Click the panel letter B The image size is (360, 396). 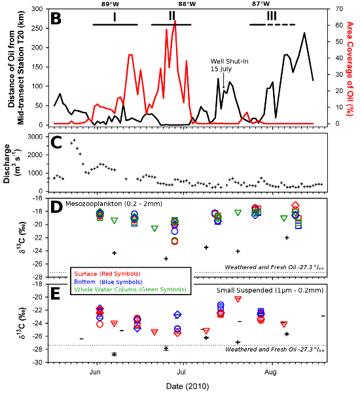click(56, 19)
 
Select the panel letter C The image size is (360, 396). click(56, 143)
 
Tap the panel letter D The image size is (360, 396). click(56, 207)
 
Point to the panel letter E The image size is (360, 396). click(56, 294)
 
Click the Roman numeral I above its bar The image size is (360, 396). click(115, 17)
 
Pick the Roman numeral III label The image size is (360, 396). click(272, 16)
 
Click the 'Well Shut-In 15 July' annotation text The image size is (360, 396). click(229, 65)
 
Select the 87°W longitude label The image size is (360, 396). click(261, 4)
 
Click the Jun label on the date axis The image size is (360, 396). click(95, 372)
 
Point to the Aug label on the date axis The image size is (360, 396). click(270, 372)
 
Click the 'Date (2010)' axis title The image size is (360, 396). click(187, 386)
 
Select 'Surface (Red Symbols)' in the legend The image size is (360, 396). click(107, 274)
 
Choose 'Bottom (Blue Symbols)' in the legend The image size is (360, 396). click(108, 282)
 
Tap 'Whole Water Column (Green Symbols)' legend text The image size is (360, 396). click(130, 289)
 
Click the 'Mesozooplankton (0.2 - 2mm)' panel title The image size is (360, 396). click(114, 204)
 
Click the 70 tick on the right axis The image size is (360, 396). click(340, 9)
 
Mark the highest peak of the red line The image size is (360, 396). click(175, 21)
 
